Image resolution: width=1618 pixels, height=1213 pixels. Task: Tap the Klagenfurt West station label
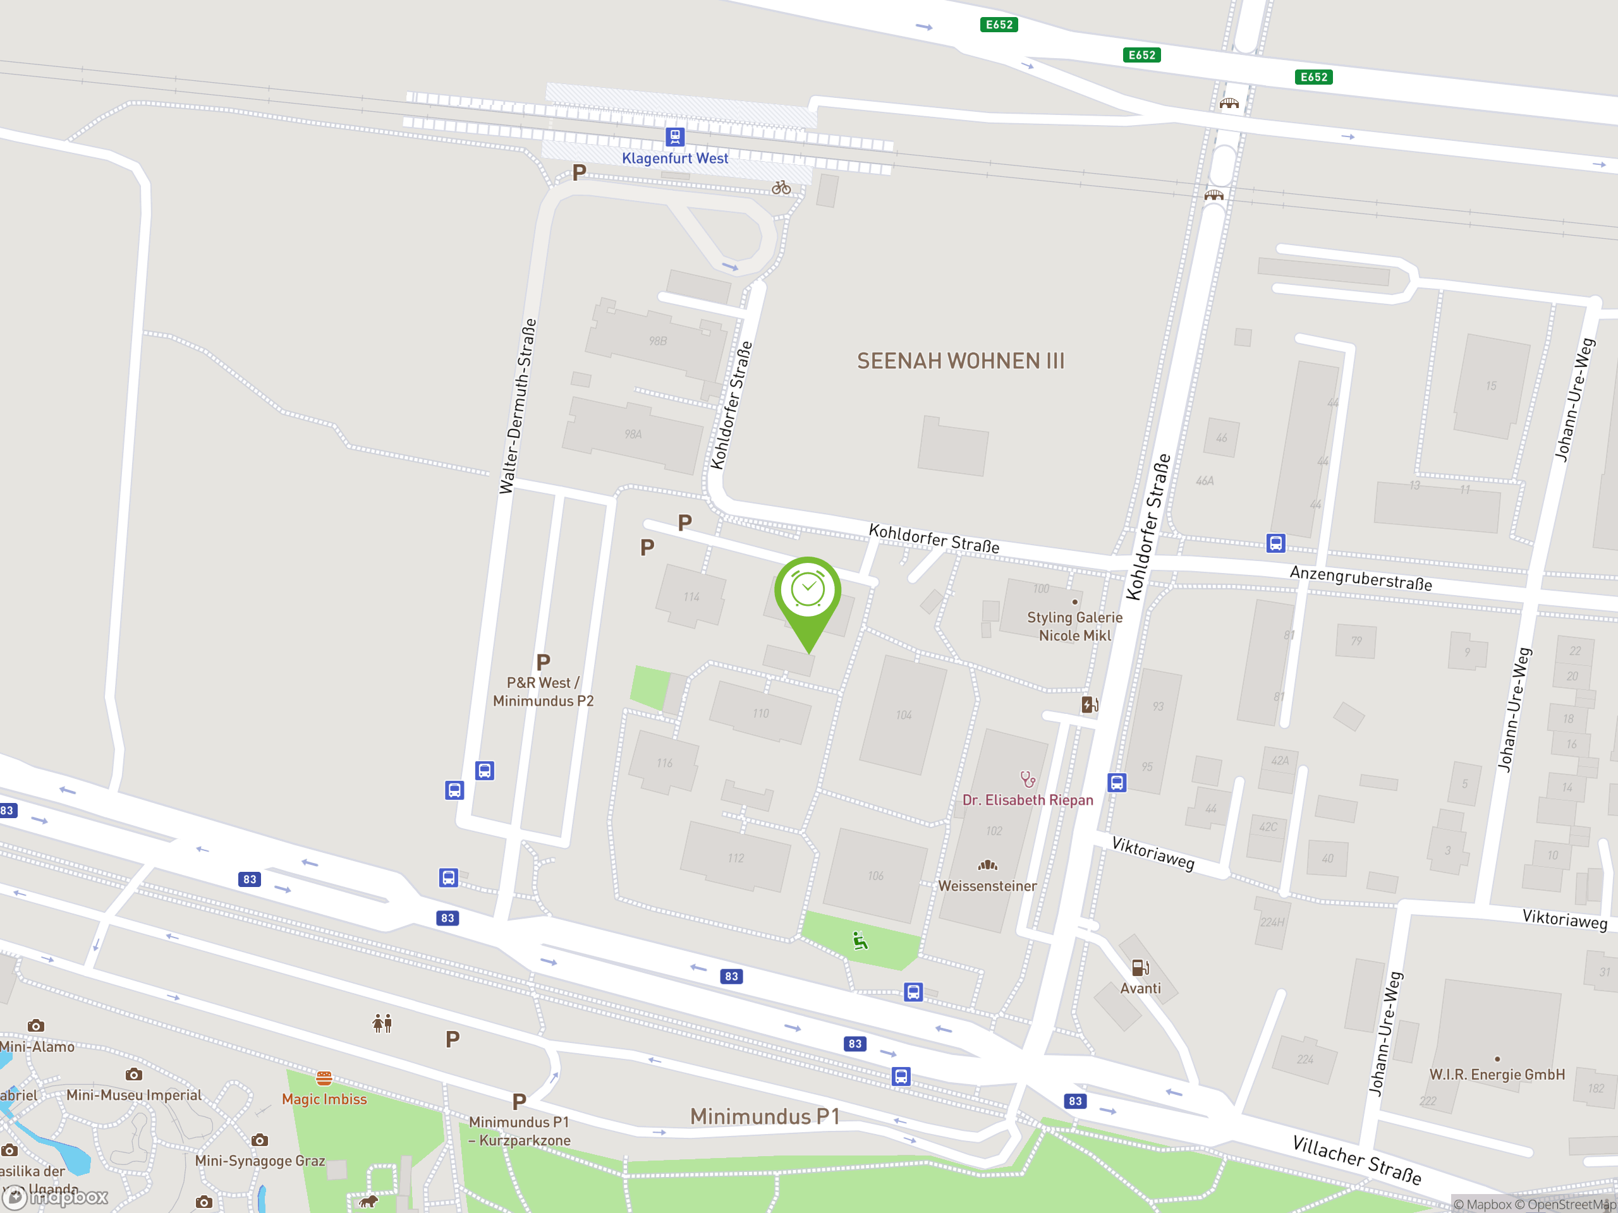click(674, 158)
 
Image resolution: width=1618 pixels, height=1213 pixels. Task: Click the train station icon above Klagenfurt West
click(674, 136)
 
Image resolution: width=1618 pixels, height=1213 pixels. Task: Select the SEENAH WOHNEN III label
click(961, 361)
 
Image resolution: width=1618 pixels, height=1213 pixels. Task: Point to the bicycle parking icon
click(781, 187)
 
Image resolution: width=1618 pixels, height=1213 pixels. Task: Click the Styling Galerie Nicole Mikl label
click(1074, 627)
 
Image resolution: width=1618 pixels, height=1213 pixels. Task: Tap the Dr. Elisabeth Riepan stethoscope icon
click(1028, 780)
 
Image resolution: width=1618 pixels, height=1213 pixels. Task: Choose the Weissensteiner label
click(987, 886)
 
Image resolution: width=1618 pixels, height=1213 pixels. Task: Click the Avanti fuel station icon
click(1140, 968)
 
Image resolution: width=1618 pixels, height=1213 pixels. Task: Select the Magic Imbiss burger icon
click(324, 1078)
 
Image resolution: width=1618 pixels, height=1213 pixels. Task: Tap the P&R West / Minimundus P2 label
click(544, 692)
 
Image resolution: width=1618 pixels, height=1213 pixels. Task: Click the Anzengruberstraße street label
click(1361, 578)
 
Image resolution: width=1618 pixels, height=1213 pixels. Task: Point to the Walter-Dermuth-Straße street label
click(517, 406)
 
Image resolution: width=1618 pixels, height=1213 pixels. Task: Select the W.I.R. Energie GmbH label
click(1497, 1075)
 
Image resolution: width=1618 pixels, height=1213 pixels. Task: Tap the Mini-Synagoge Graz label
click(260, 1161)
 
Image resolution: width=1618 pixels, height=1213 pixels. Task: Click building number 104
click(904, 715)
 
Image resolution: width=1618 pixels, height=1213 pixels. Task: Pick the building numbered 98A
click(633, 434)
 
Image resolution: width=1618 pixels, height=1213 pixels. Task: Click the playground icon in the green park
click(860, 940)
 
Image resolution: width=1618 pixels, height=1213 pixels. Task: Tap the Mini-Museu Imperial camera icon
click(133, 1075)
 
